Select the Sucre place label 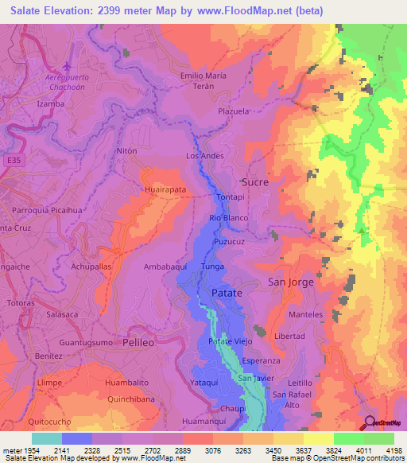point(254,181)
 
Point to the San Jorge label point(290,282)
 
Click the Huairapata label point(165,190)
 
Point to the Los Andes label point(204,155)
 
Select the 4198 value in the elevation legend point(393,449)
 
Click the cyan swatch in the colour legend point(46,438)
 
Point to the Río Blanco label point(229,218)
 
